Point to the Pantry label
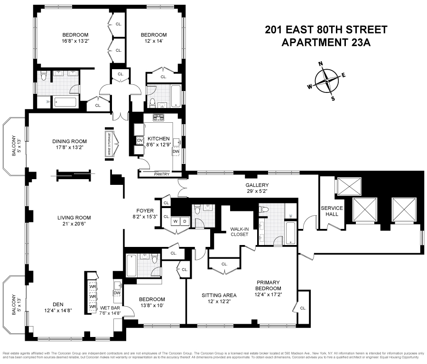point(161,174)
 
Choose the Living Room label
point(74,218)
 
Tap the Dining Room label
point(70,141)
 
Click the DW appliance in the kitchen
point(176,151)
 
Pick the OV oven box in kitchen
point(139,141)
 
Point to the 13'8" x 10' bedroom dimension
point(152,306)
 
